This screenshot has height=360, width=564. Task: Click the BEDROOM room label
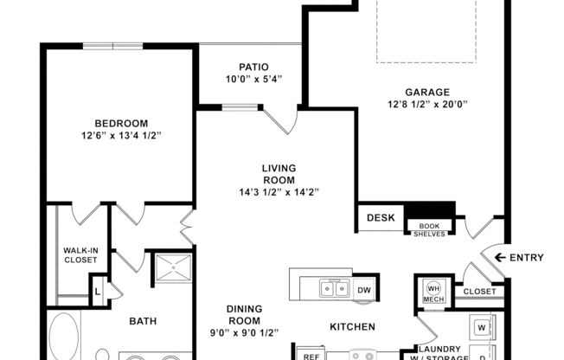(120, 123)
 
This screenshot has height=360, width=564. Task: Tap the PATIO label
(253, 67)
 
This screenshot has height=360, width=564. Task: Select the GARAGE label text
(427, 92)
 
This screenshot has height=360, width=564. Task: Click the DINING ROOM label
(244, 314)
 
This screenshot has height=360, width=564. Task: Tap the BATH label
(143, 322)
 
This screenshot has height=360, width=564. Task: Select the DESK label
(381, 218)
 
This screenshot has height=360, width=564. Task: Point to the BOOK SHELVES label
(430, 228)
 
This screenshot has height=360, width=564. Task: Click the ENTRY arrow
(498, 257)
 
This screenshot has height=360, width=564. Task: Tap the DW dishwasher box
(364, 290)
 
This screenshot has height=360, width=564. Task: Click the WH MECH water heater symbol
(433, 292)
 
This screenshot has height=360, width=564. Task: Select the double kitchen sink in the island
(332, 289)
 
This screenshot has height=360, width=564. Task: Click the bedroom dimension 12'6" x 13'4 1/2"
(122, 137)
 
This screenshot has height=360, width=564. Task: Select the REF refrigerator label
(310, 354)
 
